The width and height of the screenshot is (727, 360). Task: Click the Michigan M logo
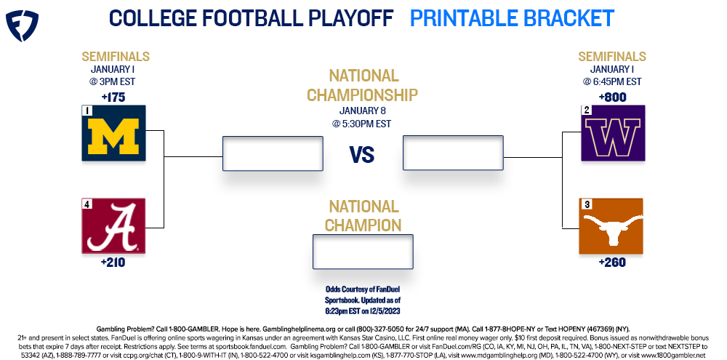pos(113,133)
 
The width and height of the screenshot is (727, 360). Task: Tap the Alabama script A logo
pos(113,226)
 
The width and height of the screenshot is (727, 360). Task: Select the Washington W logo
pos(613,133)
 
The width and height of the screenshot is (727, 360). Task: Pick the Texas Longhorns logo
pos(611,226)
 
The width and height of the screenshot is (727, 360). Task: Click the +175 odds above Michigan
pos(113,97)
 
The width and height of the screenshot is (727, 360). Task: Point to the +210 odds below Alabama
pos(113,263)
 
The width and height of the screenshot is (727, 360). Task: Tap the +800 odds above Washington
pos(612,97)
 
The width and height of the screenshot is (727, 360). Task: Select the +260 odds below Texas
pos(612,263)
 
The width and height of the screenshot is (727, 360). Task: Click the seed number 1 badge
pos(87,111)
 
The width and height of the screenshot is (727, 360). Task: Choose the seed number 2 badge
pos(585,111)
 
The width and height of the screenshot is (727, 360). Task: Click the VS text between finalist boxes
pos(362,155)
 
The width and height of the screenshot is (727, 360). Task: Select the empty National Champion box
pos(363,252)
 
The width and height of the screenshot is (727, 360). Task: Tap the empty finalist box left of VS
pos(273,153)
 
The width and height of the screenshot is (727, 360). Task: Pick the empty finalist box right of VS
pos(453,153)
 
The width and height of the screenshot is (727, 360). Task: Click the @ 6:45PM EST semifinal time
pos(612,81)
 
